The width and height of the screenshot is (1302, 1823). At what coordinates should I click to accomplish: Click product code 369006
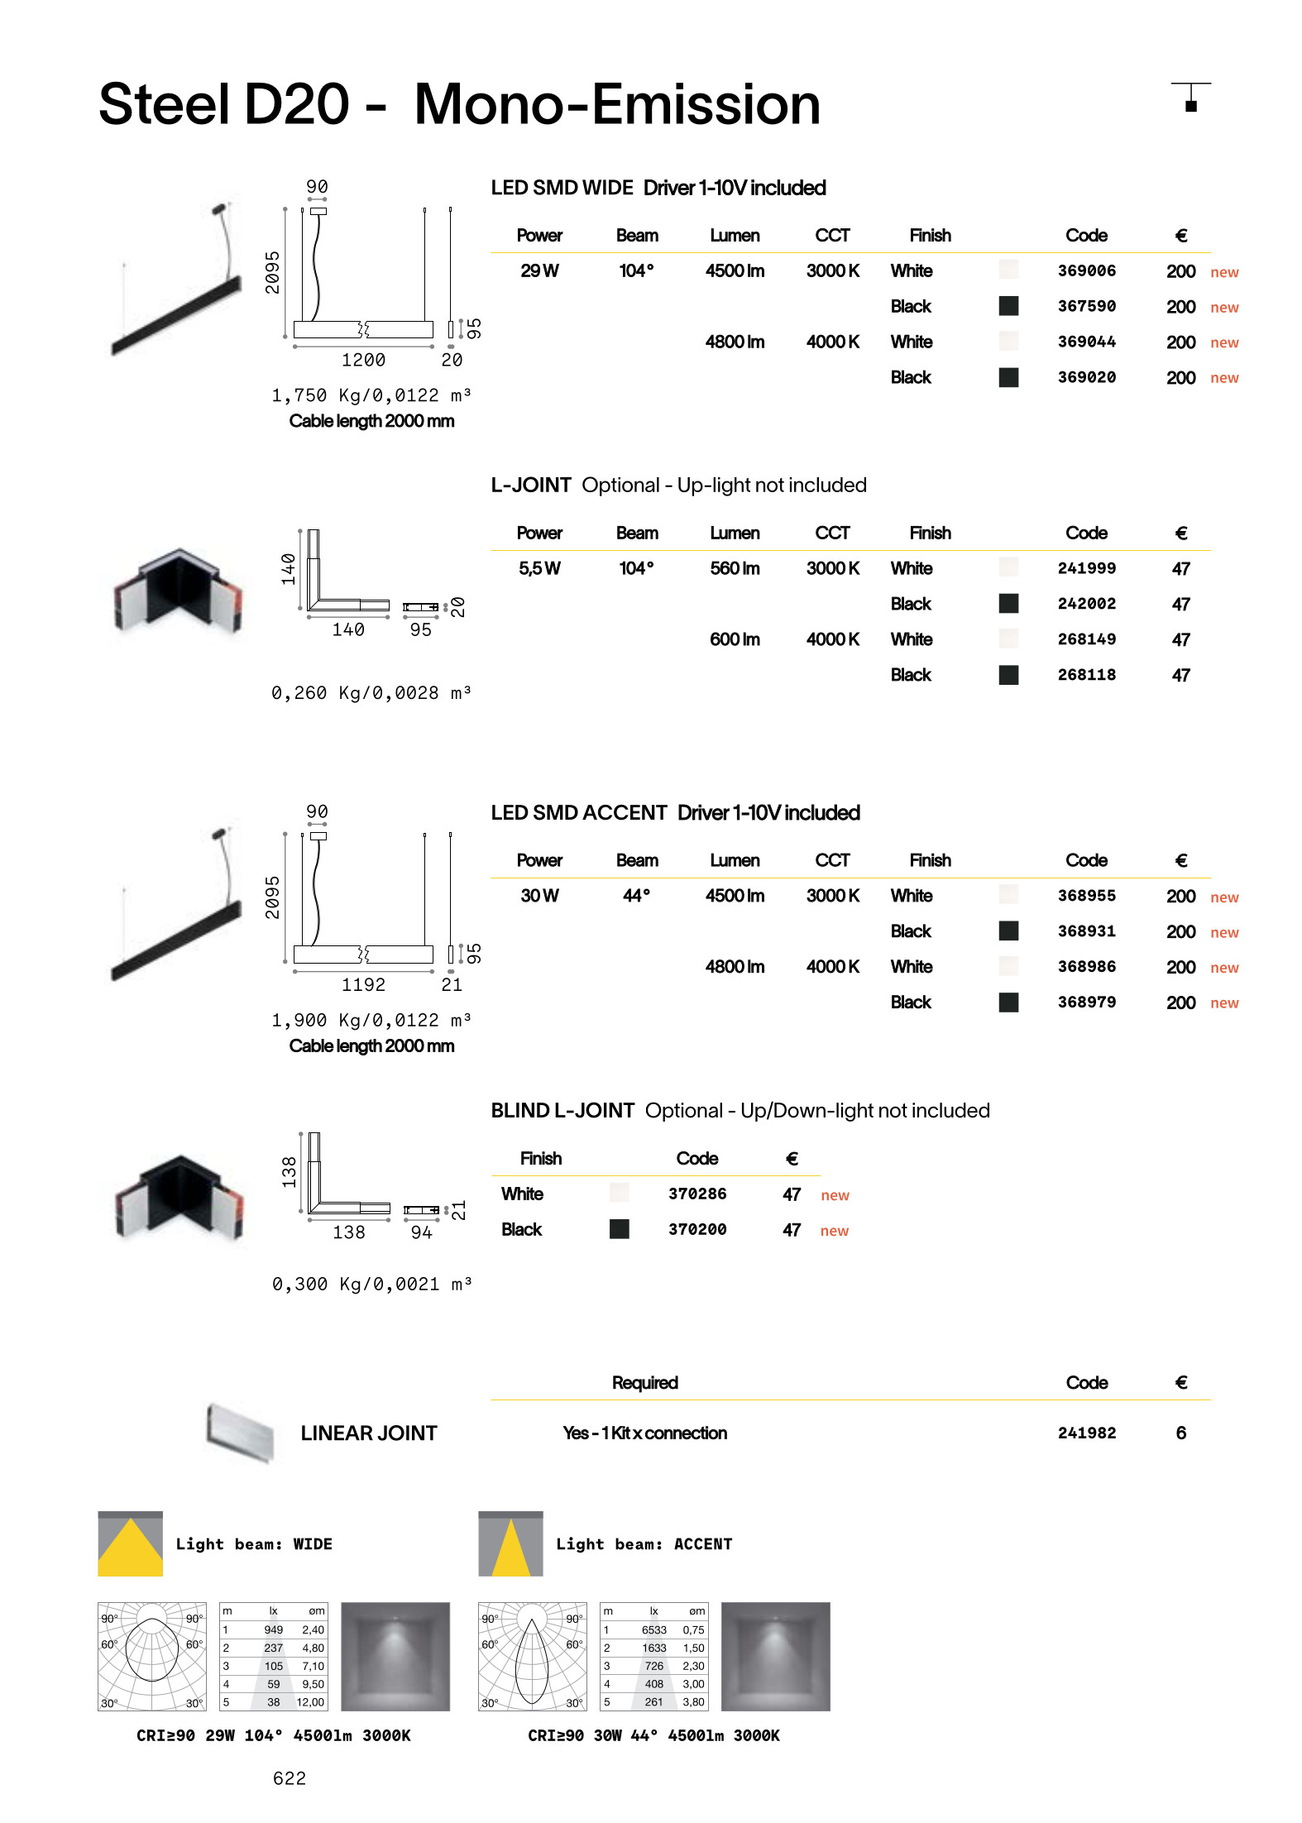[1086, 271]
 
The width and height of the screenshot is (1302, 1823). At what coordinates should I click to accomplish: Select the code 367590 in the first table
[1086, 307]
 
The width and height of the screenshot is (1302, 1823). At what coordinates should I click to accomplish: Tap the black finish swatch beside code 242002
[1008, 604]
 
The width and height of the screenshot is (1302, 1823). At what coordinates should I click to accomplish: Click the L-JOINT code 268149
[1086, 639]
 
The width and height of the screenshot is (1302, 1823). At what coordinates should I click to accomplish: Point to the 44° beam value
[636, 896]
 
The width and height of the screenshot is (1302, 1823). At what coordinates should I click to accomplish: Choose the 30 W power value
[539, 896]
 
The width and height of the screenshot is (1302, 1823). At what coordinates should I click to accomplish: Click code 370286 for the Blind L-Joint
[697, 1194]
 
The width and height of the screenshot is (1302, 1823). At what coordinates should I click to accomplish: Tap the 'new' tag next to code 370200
[834, 1231]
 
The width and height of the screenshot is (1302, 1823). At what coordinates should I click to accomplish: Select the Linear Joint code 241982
[1086, 1433]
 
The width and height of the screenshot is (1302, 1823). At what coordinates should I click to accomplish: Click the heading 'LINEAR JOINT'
[369, 1433]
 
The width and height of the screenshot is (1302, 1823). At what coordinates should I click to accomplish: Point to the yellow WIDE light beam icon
[131, 1544]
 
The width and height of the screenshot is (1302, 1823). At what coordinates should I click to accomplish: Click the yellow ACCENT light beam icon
[510, 1544]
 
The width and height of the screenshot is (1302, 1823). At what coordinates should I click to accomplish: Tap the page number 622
[290, 1778]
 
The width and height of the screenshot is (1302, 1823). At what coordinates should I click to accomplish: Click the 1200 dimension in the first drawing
[363, 361]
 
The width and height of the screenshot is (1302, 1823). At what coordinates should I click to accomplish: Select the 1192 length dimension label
[363, 985]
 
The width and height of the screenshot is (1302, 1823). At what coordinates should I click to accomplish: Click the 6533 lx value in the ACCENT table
[653, 1630]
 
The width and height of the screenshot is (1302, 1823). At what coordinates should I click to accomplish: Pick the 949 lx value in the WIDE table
[273, 1630]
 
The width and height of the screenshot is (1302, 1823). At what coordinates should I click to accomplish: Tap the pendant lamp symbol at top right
[1190, 97]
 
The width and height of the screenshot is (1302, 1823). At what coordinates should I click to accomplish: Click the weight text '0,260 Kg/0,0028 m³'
[371, 693]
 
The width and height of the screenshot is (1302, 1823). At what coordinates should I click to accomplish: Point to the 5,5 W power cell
[539, 569]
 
